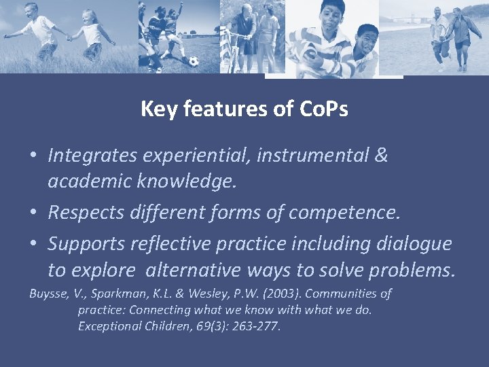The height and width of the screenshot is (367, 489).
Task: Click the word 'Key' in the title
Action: pyautogui.click(x=157, y=109)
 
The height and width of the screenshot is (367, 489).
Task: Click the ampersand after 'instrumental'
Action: pyautogui.click(x=380, y=155)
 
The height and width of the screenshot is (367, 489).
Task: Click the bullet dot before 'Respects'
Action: pyautogui.click(x=33, y=213)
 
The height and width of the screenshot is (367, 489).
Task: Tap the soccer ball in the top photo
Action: pyautogui.click(x=194, y=60)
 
